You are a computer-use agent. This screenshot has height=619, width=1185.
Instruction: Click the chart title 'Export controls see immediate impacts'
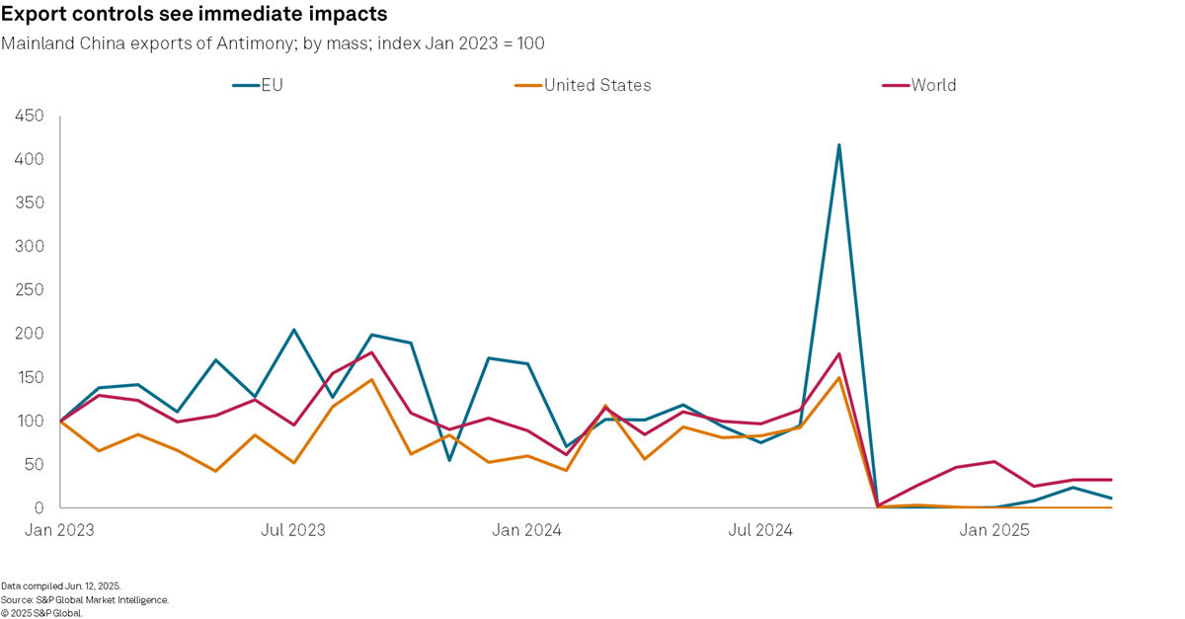coord(194,15)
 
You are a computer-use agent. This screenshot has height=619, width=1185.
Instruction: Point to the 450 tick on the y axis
coord(29,116)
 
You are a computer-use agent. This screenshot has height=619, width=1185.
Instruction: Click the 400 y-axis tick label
coord(29,160)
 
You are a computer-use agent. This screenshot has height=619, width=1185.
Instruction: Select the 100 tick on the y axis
coord(29,422)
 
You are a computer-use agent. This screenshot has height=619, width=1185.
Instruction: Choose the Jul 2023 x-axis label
coord(293,531)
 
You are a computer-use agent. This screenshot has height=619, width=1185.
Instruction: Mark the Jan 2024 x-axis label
coord(527,531)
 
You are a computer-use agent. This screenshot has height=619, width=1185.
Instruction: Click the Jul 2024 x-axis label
coord(760,531)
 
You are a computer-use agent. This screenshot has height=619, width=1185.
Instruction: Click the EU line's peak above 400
coord(838,145)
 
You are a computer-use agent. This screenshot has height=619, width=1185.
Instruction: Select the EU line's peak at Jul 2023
coord(293,330)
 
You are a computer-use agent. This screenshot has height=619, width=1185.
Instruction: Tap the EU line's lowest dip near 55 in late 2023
coord(449,460)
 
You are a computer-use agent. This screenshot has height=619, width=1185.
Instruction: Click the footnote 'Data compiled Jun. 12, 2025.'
coord(61,586)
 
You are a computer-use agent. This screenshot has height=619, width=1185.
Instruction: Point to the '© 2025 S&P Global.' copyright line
coord(42,612)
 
